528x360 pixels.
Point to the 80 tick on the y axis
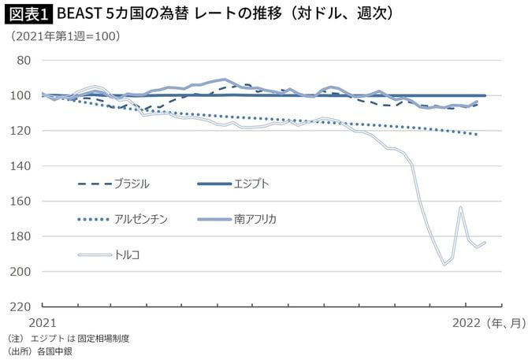click(x=23, y=61)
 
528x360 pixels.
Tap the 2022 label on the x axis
click(x=466, y=323)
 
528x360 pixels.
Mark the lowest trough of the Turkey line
click(x=444, y=264)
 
